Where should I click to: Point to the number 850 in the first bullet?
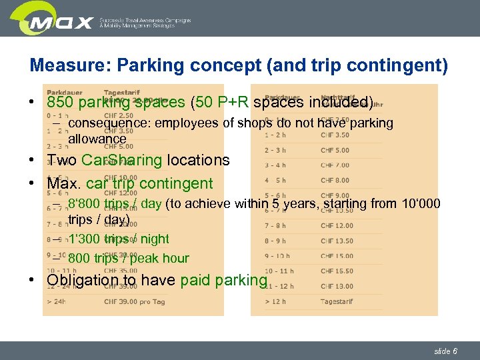point(60,103)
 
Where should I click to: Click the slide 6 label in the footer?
point(445,351)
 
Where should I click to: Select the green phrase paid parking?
point(223,280)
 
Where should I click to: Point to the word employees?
point(172,123)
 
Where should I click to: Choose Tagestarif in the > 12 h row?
point(337,301)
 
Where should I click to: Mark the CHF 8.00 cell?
point(335,180)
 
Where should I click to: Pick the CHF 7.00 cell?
point(335,165)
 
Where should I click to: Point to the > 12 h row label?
point(276,301)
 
